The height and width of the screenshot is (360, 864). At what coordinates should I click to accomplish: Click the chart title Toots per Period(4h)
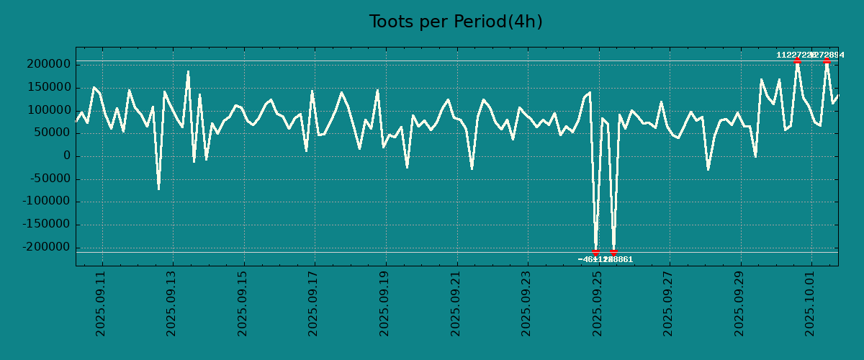456,22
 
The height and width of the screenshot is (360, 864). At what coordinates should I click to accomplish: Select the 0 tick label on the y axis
67,156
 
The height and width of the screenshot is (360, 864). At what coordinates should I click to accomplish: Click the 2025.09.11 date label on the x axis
101,303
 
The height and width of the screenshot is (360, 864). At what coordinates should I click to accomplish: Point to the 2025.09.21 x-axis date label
456,303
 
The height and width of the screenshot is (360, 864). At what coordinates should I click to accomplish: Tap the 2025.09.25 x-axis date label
598,303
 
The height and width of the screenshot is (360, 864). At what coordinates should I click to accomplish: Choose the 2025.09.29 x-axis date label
739,303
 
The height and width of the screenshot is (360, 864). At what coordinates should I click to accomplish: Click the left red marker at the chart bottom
596,251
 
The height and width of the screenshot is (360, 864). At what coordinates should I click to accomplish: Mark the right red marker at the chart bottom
613,252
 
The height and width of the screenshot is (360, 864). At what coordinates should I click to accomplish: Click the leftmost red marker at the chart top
797,61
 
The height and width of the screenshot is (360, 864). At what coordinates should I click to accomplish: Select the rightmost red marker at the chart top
827,61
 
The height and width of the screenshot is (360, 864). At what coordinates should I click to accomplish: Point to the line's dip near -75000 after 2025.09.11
158,189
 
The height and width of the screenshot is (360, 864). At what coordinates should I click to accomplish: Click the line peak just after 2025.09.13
188,71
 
